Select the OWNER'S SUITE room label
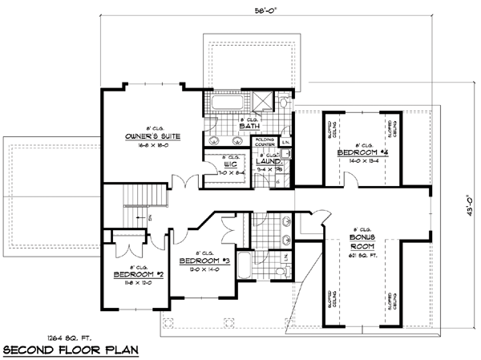pos(152,137)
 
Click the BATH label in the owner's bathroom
pos(248,126)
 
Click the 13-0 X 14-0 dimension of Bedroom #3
pos(202,271)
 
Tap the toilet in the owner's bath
pos(285,103)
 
